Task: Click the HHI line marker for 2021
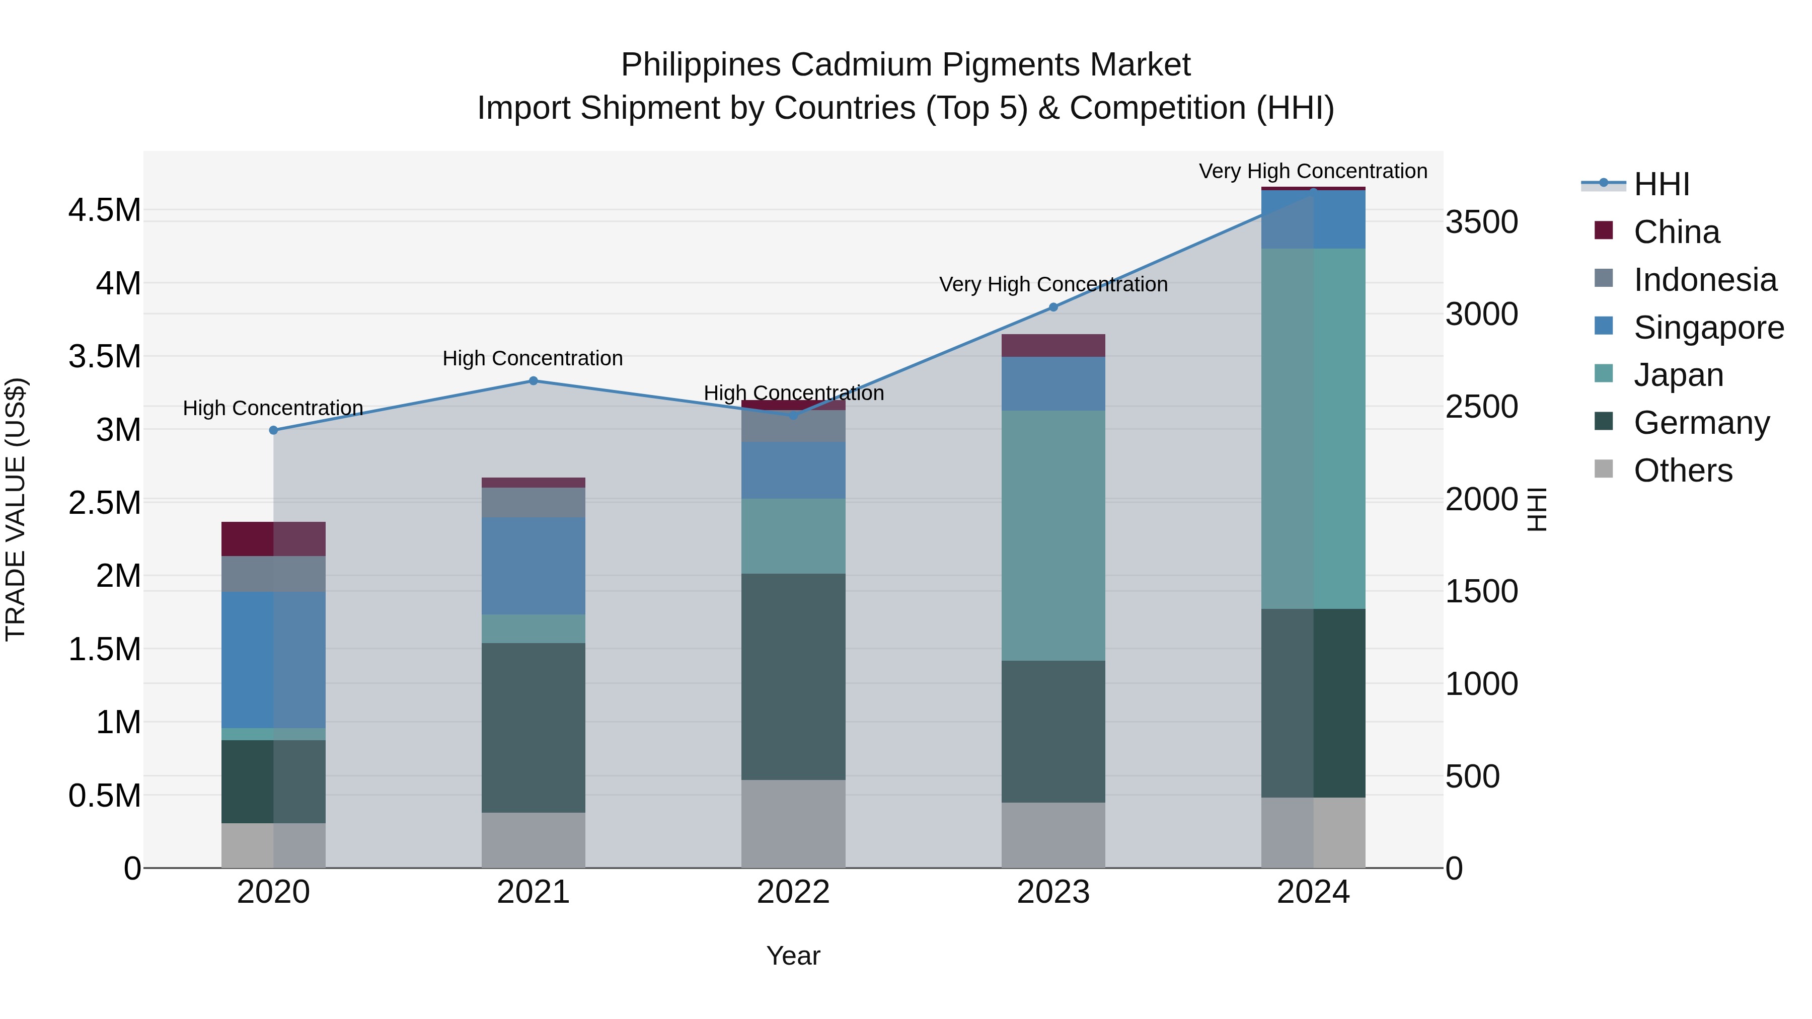click(533, 381)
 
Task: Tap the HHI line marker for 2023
click(1053, 307)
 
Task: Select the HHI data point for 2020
click(274, 430)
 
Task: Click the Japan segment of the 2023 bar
click(1053, 535)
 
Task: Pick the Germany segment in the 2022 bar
click(793, 676)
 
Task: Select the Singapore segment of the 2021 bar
click(533, 566)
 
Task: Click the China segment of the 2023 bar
click(1053, 345)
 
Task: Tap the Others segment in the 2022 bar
click(793, 823)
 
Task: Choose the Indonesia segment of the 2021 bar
click(533, 502)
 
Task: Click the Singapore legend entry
click(1708, 328)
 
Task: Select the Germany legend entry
click(1701, 423)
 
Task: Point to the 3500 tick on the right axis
click(1481, 222)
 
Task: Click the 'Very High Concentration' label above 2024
click(1313, 172)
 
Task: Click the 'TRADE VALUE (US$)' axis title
click(16, 509)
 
